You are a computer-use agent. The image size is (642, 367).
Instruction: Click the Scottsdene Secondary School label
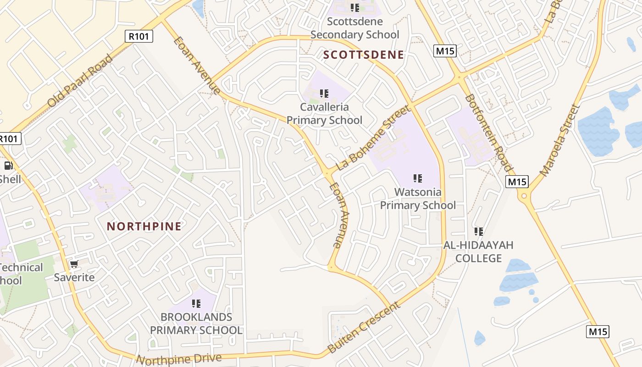[355, 28]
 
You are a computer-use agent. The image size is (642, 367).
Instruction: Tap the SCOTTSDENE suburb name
[364, 55]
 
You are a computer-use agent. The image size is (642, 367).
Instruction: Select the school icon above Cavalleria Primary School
[324, 94]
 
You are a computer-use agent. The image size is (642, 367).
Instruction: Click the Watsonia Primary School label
[418, 199]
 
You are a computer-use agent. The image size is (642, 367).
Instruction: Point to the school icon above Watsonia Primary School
[417, 178]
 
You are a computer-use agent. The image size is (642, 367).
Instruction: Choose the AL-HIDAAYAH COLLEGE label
[478, 252]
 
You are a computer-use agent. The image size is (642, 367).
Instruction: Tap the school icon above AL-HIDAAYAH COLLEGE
[478, 232]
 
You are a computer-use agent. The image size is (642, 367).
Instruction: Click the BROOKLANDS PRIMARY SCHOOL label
[196, 323]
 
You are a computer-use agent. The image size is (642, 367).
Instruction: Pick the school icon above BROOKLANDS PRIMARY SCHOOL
[196, 303]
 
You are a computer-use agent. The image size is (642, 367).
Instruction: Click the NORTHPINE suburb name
[144, 226]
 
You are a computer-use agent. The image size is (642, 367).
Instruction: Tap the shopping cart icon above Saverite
[74, 264]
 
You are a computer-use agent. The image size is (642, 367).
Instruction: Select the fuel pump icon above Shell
[8, 166]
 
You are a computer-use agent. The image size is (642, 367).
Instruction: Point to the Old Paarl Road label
[80, 81]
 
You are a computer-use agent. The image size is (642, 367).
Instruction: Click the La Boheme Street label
[373, 138]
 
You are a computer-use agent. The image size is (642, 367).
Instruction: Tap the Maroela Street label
[559, 141]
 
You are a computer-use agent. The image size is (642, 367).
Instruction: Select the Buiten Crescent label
[364, 328]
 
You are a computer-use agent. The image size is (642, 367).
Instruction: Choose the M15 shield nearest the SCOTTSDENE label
[445, 51]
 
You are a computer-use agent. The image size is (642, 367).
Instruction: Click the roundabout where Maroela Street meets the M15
[524, 196]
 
